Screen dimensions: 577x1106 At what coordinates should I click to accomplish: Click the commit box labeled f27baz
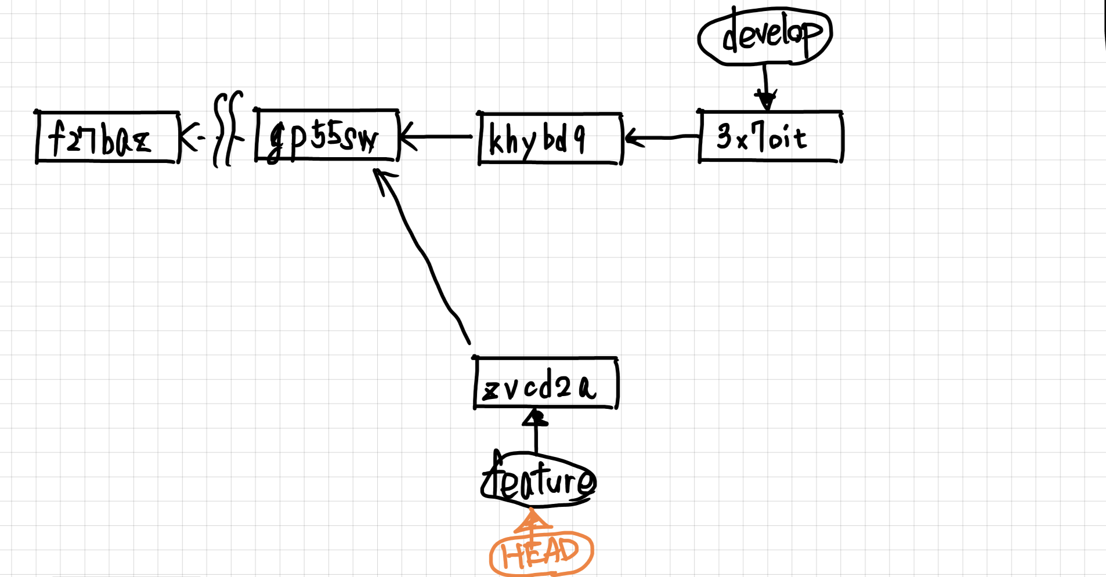(x=107, y=137)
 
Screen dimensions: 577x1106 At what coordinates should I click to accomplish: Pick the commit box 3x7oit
(x=770, y=136)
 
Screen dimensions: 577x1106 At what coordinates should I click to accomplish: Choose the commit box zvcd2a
(x=545, y=384)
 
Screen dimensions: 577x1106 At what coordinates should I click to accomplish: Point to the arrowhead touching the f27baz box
(x=187, y=137)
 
